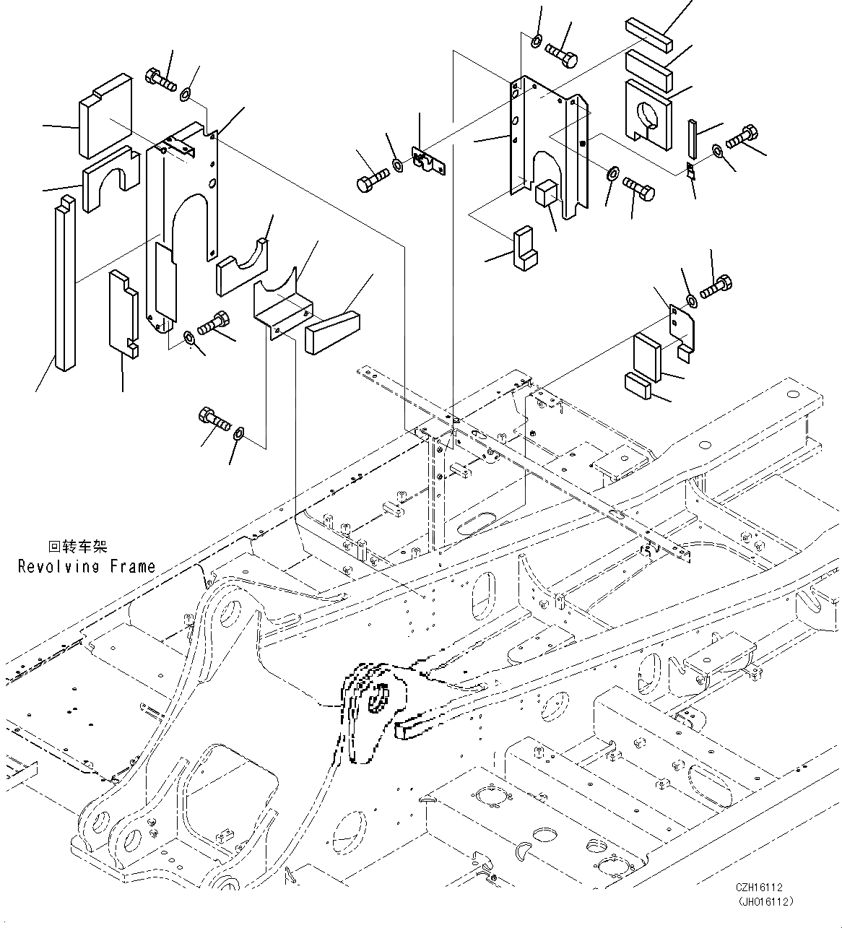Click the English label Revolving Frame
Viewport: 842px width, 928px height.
pyautogui.click(x=86, y=566)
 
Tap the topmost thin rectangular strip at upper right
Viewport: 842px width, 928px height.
pyautogui.click(x=648, y=34)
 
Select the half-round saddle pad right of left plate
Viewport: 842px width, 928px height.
pyautogui.click(x=243, y=268)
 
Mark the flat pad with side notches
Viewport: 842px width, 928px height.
pyautogui.click(x=123, y=313)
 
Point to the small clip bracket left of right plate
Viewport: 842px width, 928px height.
pyautogui.click(x=428, y=161)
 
